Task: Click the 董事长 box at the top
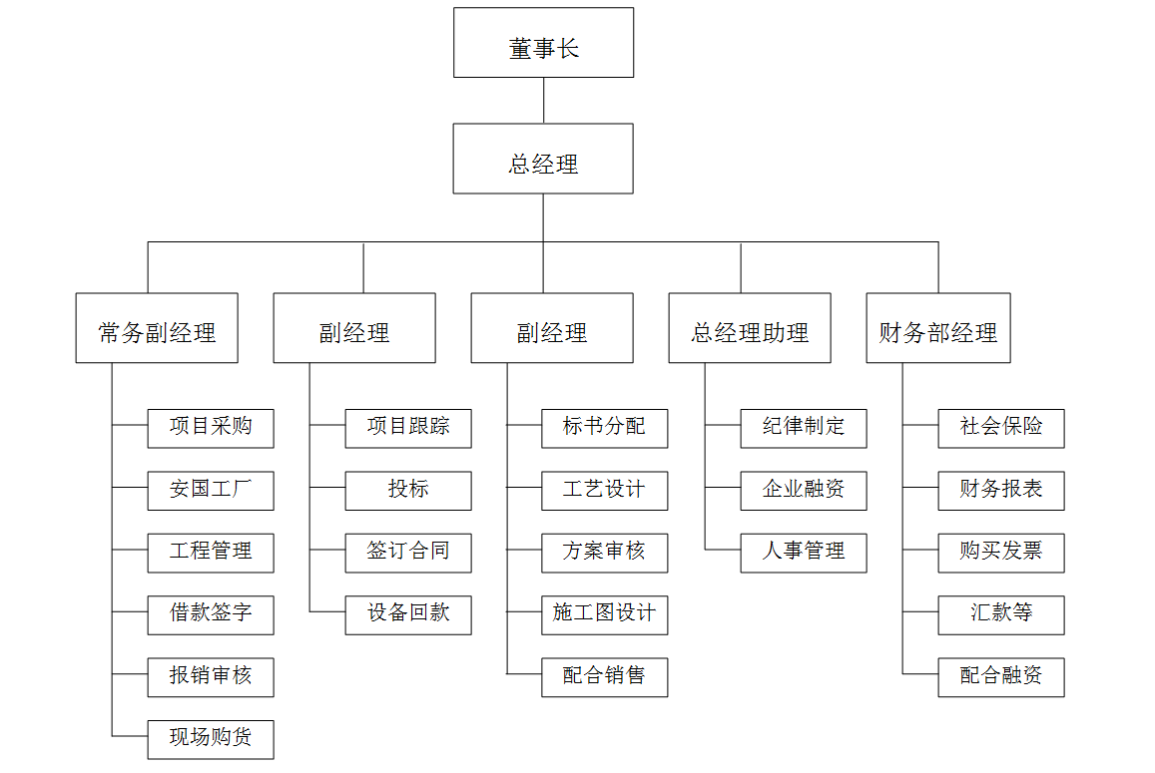pyautogui.click(x=543, y=43)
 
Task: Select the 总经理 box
pyautogui.click(x=543, y=159)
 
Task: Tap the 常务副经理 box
pyautogui.click(x=157, y=328)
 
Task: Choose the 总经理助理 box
pyautogui.click(x=750, y=328)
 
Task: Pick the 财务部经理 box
pyautogui.click(x=938, y=328)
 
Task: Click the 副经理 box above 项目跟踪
pyautogui.click(x=354, y=328)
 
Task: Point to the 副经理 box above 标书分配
pyautogui.click(x=552, y=328)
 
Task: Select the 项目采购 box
pyautogui.click(x=211, y=428)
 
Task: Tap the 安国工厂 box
pyautogui.click(x=211, y=491)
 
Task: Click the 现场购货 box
pyautogui.click(x=211, y=739)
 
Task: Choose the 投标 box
pyautogui.click(x=408, y=491)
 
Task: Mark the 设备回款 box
pyautogui.click(x=408, y=614)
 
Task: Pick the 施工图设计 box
pyautogui.click(x=605, y=614)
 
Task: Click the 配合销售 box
pyautogui.click(x=605, y=677)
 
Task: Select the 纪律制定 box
pyautogui.click(x=804, y=428)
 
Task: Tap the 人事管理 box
pyautogui.click(x=804, y=553)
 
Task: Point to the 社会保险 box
pyautogui.click(x=1001, y=428)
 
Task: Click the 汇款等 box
pyautogui.click(x=1001, y=614)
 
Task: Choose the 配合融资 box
pyautogui.click(x=1001, y=677)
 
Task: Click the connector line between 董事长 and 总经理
pyautogui.click(x=543, y=101)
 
